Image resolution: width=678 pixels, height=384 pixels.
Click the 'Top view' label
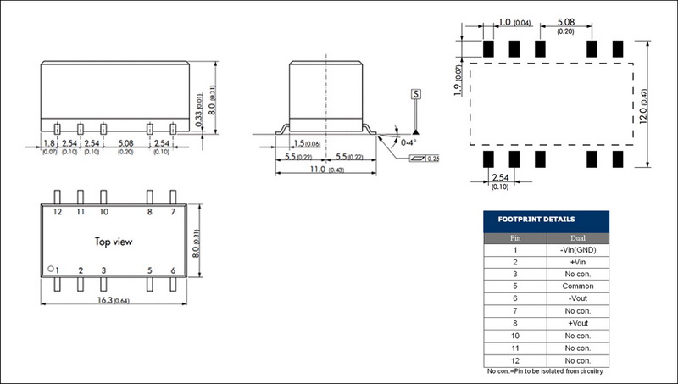(113, 242)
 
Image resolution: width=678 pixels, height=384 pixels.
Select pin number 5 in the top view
(149, 270)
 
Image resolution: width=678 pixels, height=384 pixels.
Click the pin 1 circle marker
(51, 269)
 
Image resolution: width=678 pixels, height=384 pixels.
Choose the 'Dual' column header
(577, 238)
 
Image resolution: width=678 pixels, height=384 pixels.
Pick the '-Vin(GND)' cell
(577, 250)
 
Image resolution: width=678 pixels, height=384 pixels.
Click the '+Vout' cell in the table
(577, 323)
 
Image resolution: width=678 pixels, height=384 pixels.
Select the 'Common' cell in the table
(577, 287)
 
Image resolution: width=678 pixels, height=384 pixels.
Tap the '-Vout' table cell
(577, 298)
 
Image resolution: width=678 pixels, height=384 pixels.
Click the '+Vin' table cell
(577, 263)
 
